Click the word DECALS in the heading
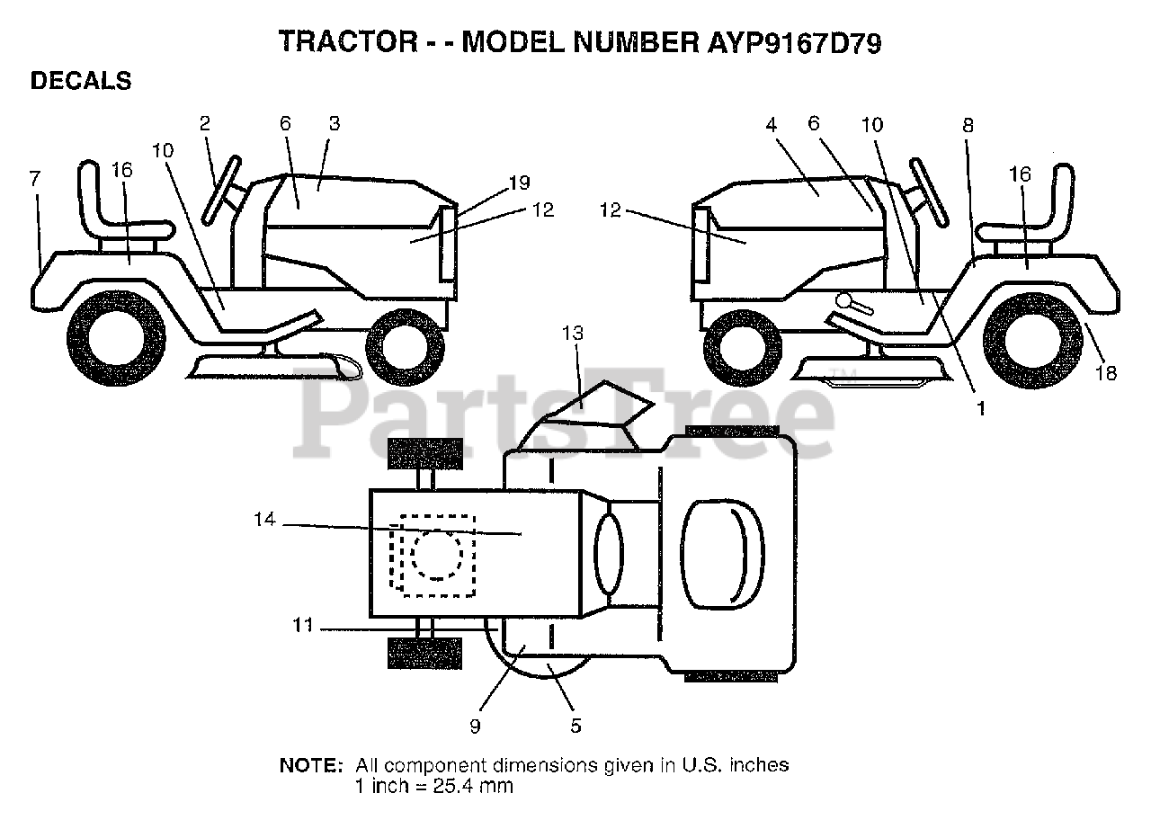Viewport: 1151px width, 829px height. (81, 81)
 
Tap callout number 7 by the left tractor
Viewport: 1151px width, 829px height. (34, 179)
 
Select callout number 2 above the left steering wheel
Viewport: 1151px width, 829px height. (205, 124)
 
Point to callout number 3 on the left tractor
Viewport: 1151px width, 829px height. (334, 124)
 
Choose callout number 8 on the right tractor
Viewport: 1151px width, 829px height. (968, 126)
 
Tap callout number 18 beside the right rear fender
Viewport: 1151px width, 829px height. (1105, 372)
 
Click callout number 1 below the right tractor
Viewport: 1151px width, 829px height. (981, 407)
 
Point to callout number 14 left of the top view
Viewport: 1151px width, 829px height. (264, 520)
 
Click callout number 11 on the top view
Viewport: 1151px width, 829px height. (303, 624)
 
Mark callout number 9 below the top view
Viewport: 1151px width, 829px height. (475, 725)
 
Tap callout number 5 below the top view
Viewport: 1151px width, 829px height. (575, 725)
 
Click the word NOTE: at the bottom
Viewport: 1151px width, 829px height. (311, 766)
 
